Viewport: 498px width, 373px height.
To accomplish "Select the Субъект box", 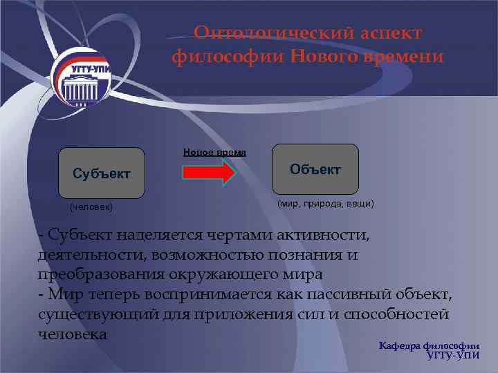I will coord(101,173).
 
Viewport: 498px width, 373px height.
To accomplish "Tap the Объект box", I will coord(315,169).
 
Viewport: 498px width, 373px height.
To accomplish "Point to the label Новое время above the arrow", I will coord(214,152).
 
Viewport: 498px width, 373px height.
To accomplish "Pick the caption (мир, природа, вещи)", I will coord(325,204).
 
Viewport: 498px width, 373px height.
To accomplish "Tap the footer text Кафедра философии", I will coord(430,345).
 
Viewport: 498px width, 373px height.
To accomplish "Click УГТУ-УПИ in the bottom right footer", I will coord(454,356).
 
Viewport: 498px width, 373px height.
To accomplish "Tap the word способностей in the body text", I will coord(387,314).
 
